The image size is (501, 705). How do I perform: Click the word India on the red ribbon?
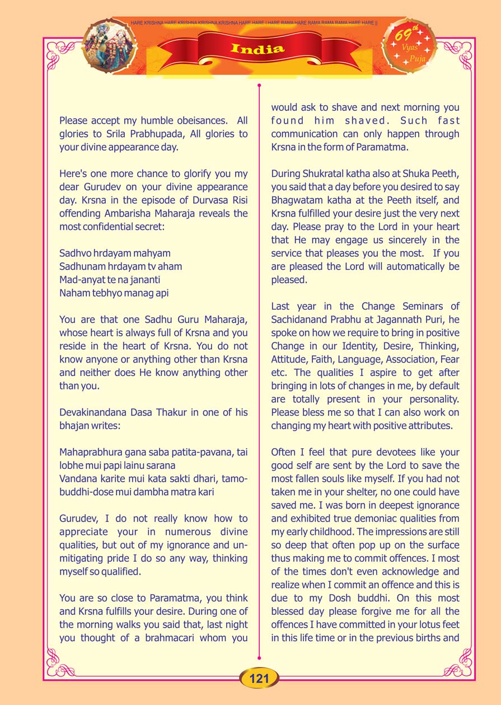[257, 49]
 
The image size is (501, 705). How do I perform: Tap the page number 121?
[259, 679]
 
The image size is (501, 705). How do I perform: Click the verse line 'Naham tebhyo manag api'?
[114, 293]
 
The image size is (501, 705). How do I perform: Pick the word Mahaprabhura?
[87, 452]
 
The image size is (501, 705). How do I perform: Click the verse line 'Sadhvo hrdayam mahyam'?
[115, 253]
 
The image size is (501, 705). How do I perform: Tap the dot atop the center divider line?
[259, 86]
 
